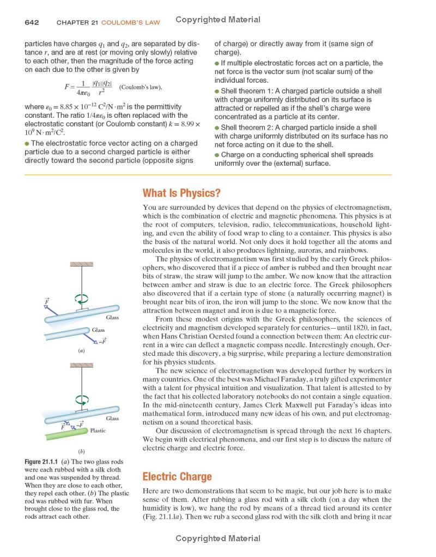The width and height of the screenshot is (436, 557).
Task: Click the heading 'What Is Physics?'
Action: click(x=181, y=193)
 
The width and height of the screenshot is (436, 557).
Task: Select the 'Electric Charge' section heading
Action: click(x=177, y=476)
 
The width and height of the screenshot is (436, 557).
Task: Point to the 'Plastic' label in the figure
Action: click(x=98, y=431)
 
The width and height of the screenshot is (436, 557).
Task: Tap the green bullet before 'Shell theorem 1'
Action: click(x=217, y=91)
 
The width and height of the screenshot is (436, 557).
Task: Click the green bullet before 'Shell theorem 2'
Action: click(x=217, y=128)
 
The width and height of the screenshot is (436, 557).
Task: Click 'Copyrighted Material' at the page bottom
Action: click(x=218, y=538)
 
